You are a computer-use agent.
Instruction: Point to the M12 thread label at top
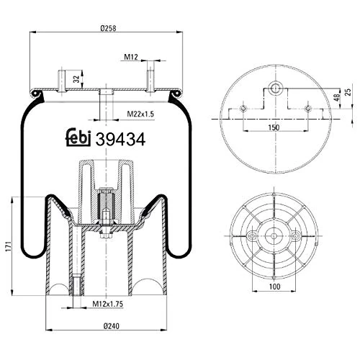130,57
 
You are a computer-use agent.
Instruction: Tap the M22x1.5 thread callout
140,114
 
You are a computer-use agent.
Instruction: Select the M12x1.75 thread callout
111,305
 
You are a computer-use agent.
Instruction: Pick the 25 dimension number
348,92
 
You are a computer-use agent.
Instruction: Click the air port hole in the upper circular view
276,87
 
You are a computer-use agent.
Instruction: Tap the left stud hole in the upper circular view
243,109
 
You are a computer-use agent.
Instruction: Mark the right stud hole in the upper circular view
308,109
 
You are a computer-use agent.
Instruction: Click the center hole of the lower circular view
276,236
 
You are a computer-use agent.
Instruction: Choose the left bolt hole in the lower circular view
252,236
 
